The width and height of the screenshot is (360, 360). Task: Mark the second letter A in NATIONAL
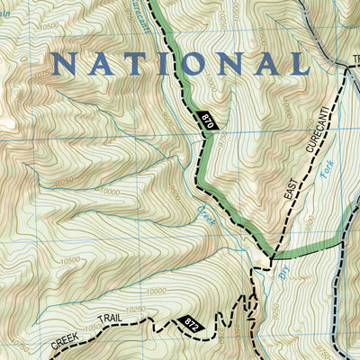pos(261,63)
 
